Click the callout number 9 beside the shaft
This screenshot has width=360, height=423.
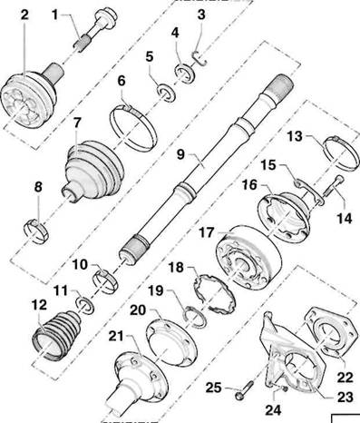(180, 154)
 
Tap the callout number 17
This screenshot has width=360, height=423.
(207, 233)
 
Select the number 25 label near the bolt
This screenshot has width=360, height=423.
(214, 388)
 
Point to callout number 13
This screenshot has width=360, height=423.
(295, 136)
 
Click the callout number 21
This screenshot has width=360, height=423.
(116, 336)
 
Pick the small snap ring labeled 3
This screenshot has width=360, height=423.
(199, 58)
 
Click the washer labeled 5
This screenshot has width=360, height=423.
(166, 93)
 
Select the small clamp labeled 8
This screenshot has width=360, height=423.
(36, 231)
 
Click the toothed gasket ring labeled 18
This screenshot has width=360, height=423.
(214, 292)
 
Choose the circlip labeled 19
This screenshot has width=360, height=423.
(195, 317)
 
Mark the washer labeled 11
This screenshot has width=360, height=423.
(86, 306)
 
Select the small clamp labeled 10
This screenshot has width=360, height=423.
(106, 281)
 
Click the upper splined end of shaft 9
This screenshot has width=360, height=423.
(282, 85)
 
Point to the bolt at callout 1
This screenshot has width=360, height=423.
(96, 29)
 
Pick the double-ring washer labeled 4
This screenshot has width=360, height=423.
(185, 74)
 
